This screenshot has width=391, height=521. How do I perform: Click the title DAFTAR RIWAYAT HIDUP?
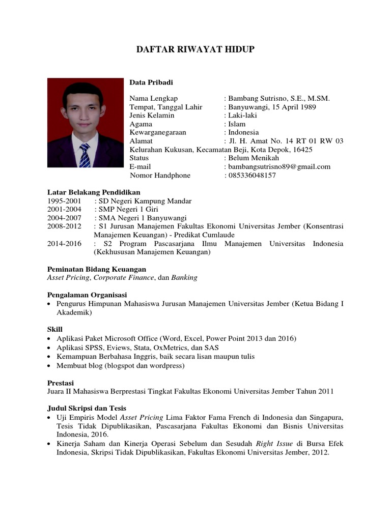pos(195,49)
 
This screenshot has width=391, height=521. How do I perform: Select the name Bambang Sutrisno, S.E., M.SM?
pos(279,98)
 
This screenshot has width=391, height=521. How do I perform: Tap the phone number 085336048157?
pos(252,176)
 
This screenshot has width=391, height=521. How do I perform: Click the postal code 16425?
pos(304,150)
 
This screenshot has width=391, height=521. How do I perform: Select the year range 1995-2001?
pos(64,201)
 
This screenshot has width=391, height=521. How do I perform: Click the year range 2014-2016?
pos(64,244)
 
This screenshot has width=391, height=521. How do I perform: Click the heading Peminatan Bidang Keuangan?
pos(97,269)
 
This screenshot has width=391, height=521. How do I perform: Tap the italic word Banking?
pos(184,278)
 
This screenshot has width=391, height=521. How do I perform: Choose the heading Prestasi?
pos(61,382)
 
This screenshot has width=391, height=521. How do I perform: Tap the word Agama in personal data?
pos(141,124)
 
